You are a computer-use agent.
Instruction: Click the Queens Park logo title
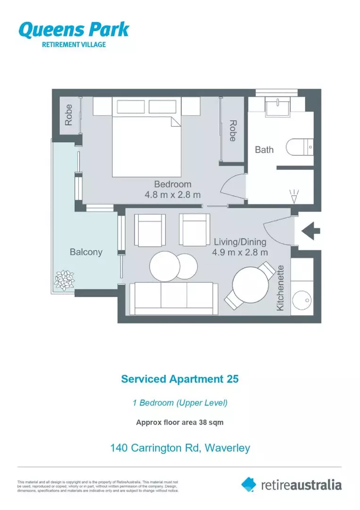pyautogui.click(x=74, y=30)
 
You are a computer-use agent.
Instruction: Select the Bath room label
pyautogui.click(x=264, y=150)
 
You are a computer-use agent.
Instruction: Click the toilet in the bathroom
pyautogui.click(x=300, y=146)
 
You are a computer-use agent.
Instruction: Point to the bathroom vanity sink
pyautogui.click(x=280, y=107)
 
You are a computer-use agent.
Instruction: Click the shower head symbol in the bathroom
pyautogui.click(x=294, y=196)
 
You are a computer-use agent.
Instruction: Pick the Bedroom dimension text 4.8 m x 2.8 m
pyautogui.click(x=173, y=195)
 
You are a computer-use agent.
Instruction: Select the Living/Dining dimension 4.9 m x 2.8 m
pyautogui.click(x=240, y=252)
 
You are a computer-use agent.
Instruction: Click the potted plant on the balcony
pyautogui.click(x=65, y=280)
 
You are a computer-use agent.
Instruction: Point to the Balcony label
pyautogui.click(x=86, y=252)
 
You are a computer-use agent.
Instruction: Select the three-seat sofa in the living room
pyautogui.click(x=173, y=298)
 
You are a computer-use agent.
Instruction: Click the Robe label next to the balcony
pyautogui.click(x=69, y=115)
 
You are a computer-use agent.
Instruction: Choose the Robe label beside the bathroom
pyautogui.click(x=233, y=130)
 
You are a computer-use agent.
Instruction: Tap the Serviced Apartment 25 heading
pyautogui.click(x=180, y=379)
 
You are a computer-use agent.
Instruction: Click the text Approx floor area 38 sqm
pyautogui.click(x=180, y=423)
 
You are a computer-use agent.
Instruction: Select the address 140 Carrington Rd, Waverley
pyautogui.click(x=180, y=448)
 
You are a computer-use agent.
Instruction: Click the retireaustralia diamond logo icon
pyautogui.click(x=249, y=484)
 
